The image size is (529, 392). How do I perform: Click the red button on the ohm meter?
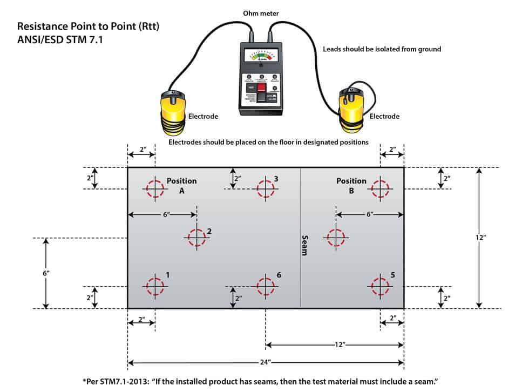click(x=262, y=87)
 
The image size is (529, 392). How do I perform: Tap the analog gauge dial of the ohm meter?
click(x=261, y=56)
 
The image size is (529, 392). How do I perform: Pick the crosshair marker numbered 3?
click(x=265, y=189)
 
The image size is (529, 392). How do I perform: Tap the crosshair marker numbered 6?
click(x=265, y=286)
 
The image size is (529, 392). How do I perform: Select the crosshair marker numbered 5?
click(x=380, y=285)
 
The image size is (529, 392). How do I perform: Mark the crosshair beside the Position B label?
click(x=380, y=189)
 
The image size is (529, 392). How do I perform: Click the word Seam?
click(x=305, y=245)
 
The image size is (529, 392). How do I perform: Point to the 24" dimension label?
click(x=266, y=363)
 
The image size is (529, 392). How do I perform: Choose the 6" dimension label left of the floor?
click(x=46, y=273)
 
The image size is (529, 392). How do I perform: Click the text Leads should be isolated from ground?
click(x=382, y=49)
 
